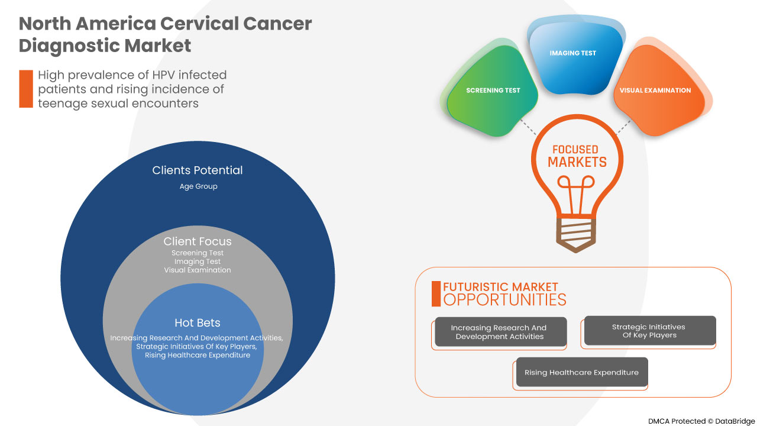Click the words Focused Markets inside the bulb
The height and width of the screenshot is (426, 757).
point(577,156)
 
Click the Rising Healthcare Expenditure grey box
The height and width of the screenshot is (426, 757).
point(581,373)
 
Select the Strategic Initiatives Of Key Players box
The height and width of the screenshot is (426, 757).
point(649,331)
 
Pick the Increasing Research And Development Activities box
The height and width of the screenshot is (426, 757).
point(499,332)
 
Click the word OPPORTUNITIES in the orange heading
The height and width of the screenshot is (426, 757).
point(504,300)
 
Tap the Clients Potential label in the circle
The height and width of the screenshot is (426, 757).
point(198,170)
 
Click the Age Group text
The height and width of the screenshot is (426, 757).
point(198,186)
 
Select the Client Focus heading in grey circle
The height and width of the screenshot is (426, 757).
point(198,241)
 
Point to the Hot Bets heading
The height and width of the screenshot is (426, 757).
point(198,322)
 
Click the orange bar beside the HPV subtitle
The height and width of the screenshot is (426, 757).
point(26,89)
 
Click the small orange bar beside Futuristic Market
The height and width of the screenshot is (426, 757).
point(436,293)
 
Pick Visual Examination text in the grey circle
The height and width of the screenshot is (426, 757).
point(198,270)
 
